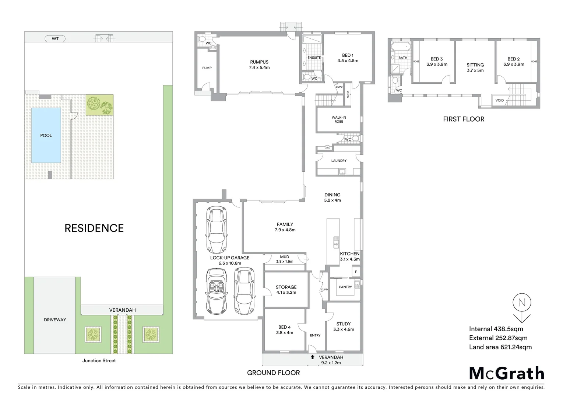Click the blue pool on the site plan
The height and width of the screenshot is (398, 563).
coord(46,135)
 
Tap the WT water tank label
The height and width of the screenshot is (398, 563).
coord(55,38)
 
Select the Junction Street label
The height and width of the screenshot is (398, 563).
coord(99,360)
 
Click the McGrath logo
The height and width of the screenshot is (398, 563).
coord(506,373)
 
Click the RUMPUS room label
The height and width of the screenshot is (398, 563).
coord(259,64)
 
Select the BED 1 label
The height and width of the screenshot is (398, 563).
coord(348,58)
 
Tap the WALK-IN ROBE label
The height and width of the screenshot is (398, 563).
coord(339,119)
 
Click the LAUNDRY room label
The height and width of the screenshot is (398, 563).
coord(339,161)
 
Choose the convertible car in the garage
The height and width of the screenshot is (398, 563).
coord(217,291)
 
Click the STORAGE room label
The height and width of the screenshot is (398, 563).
coord(286,289)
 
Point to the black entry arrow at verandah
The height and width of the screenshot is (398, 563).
coord(313,357)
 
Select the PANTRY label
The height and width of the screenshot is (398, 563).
coord(345,287)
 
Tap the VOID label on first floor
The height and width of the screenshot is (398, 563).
coord(500,100)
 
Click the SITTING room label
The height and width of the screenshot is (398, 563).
coord(475,67)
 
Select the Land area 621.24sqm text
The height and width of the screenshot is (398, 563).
coord(500,347)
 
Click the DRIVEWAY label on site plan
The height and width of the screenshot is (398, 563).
coord(55,320)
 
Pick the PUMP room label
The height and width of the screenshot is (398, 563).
coord(207,68)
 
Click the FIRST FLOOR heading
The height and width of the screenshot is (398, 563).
coord(464,119)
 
